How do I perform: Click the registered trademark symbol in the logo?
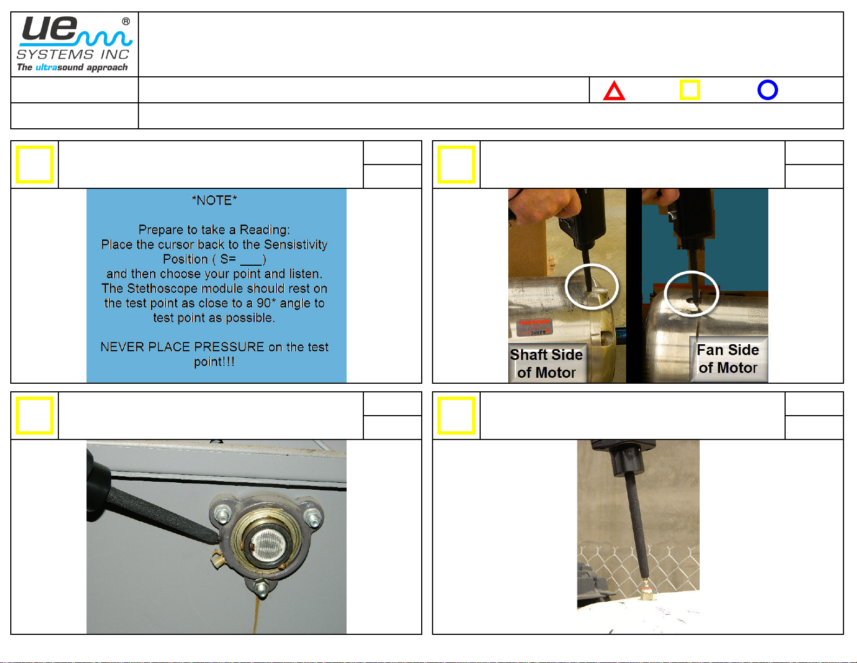pyautogui.click(x=126, y=21)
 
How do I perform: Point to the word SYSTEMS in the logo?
pyautogui.click(x=55, y=54)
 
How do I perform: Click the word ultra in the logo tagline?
pyautogui.click(x=46, y=67)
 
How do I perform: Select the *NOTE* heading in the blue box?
pyautogui.click(x=214, y=200)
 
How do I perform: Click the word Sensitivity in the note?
pyautogui.click(x=295, y=245)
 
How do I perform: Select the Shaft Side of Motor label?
pyautogui.click(x=546, y=363)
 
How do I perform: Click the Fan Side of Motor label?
pyautogui.click(x=728, y=359)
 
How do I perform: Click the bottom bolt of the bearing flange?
pyautogui.click(x=261, y=588)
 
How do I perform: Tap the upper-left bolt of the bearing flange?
pyautogui.click(x=222, y=514)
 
